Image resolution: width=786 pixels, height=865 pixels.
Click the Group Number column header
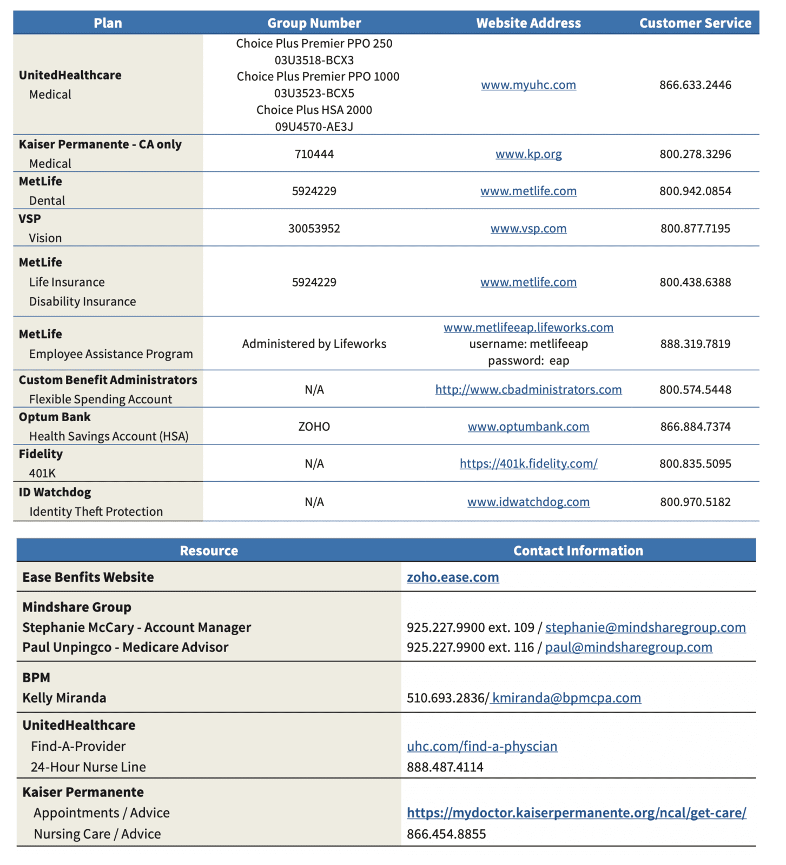(314, 23)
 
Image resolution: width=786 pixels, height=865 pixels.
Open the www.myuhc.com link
(528, 85)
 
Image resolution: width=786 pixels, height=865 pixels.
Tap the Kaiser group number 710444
(314, 154)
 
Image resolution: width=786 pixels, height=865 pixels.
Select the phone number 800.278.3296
(695, 154)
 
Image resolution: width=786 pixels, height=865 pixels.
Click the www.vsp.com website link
(528, 229)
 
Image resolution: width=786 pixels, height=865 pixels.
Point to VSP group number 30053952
(314, 229)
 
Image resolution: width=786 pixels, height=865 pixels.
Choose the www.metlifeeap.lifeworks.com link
(528, 328)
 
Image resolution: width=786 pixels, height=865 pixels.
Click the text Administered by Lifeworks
(314, 344)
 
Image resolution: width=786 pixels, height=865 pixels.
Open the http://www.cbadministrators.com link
(528, 390)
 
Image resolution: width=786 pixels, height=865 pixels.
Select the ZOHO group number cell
(314, 427)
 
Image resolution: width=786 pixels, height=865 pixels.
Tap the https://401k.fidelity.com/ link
(528, 464)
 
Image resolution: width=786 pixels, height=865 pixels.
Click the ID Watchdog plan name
(55, 493)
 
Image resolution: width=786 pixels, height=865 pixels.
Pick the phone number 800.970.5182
(695, 502)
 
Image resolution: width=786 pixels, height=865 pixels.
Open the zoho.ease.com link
(453, 577)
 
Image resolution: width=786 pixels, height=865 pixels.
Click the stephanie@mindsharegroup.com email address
(645, 628)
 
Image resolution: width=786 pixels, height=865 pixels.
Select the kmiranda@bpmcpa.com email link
(566, 698)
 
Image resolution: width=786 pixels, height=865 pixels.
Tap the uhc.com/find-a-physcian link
(481, 747)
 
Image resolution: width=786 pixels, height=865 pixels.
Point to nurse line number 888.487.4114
(445, 767)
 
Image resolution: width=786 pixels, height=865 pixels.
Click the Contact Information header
(578, 551)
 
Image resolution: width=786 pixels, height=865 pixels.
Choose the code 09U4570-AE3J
(314, 127)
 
